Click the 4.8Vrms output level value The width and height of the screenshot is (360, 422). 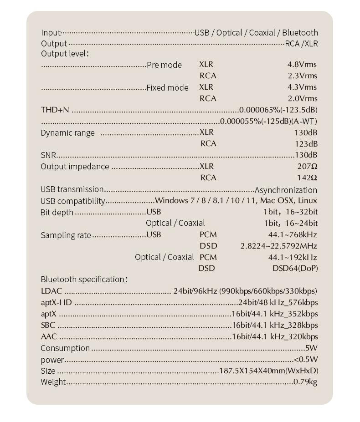[302, 65]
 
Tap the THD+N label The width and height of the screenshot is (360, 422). [55, 110]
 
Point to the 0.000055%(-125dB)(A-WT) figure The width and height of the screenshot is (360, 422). [268, 121]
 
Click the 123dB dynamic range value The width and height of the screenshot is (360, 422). [306, 143]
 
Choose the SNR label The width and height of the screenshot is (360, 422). [48, 155]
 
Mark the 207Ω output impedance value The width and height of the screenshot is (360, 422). [307, 167]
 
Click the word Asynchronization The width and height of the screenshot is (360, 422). [286, 190]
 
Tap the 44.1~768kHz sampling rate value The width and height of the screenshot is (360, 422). [293, 234]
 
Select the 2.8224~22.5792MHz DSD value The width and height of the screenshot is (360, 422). [278, 246]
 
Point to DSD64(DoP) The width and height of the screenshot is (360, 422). [295, 268]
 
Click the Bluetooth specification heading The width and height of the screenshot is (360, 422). [84, 279]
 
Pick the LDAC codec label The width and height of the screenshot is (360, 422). [51, 291]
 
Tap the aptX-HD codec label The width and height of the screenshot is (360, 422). [56, 302]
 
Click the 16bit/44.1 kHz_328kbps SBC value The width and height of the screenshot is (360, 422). [275, 325]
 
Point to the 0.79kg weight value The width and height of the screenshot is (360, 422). [305, 381]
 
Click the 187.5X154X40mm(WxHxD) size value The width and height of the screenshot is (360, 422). [269, 371]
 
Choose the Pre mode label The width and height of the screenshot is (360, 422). [164, 65]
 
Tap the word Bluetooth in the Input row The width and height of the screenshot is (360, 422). [300, 33]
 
